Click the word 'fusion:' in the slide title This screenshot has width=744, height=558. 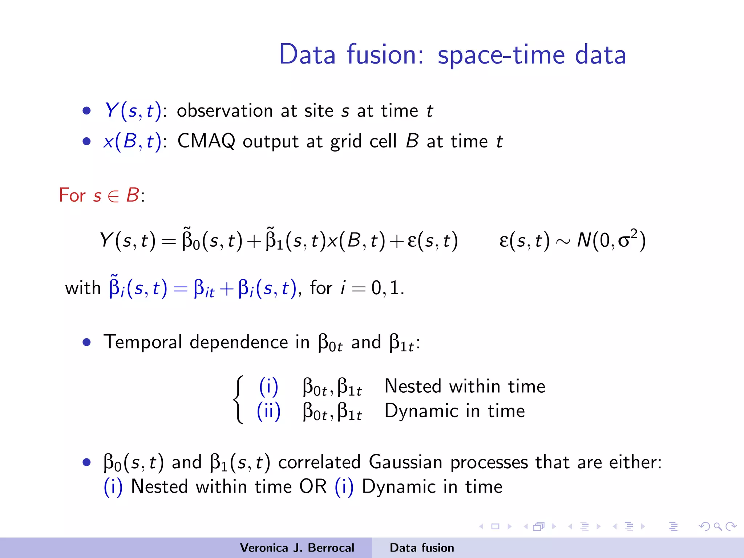pos(385,54)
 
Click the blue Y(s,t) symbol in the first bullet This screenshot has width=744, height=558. pos(133,110)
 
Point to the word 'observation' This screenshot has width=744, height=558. pos(225,110)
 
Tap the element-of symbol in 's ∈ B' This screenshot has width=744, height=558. pos(113,196)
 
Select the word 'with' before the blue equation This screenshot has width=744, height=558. pos(82,288)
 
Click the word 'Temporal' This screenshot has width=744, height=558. pos(142,342)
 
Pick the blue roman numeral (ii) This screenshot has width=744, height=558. pos(268,411)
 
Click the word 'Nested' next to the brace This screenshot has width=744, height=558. pos(412,386)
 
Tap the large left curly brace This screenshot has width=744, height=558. pos(238,400)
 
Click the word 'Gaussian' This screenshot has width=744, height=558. pos(405,462)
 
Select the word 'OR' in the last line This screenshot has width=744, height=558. pos(313,487)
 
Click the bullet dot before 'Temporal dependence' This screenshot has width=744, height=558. pos(86,342)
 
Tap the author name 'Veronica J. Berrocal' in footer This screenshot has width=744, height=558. pos(297,548)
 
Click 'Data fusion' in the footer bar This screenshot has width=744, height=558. pos(422,548)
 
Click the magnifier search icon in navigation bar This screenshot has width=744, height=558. pos(717,526)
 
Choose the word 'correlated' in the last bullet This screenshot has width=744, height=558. pos(319,462)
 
